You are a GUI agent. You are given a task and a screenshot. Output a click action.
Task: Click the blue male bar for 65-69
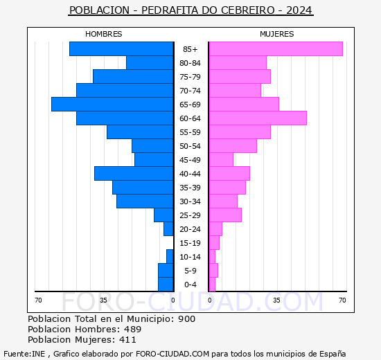[x=112, y=104]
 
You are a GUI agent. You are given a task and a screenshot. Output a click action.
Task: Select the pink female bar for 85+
[x=276, y=48]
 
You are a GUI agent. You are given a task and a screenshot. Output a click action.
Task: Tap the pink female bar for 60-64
[x=258, y=118]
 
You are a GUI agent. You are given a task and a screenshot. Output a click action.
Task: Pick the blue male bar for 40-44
[x=134, y=173]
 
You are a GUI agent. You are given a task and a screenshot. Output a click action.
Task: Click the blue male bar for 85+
[x=121, y=48]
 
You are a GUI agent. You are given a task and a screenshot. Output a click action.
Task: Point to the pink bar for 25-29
[x=225, y=215]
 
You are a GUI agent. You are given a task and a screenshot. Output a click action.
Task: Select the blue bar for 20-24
[x=168, y=228]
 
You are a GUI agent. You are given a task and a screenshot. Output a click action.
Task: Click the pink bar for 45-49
[x=221, y=159]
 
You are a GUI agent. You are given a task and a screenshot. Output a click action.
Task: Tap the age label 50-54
[x=190, y=146]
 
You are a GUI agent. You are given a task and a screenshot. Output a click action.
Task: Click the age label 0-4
[x=190, y=285]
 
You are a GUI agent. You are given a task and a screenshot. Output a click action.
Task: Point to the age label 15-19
[x=190, y=243]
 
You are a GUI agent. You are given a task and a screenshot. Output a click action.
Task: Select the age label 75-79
[x=190, y=77]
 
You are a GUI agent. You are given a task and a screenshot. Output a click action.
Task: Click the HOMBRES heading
[x=104, y=34]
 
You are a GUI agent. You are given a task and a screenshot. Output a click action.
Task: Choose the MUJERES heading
[x=277, y=34]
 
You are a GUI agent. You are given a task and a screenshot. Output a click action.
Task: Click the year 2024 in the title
[x=298, y=10]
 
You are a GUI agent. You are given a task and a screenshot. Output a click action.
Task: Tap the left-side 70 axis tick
[x=39, y=300]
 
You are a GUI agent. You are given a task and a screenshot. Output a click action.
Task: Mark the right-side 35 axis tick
[x=276, y=300]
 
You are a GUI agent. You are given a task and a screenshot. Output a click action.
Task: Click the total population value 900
[x=186, y=319]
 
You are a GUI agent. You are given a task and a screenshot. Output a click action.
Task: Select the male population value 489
[x=133, y=330]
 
